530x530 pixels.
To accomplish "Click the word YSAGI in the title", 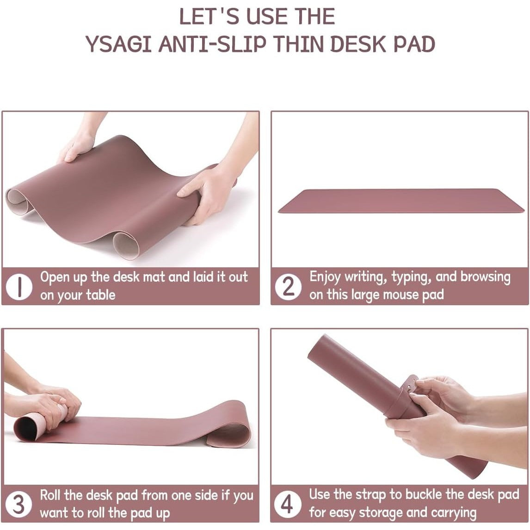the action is click(x=118, y=44).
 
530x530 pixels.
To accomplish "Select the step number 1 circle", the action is click(x=19, y=286).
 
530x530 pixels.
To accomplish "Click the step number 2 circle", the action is click(x=288, y=286).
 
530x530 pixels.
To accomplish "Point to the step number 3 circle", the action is click(x=18, y=504).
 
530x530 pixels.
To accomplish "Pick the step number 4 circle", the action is click(x=287, y=504).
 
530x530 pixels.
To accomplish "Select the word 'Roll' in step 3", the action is click(x=50, y=495).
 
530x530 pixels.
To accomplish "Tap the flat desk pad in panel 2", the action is click(x=401, y=201).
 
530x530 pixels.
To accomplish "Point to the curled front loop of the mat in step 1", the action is click(x=126, y=244).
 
